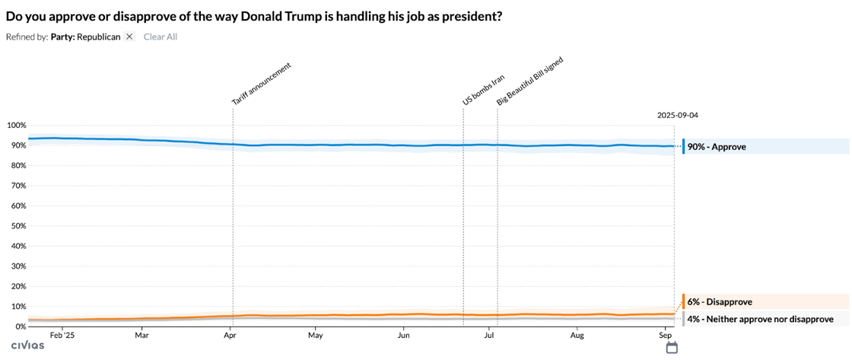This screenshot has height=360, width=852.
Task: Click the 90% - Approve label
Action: pos(717,147)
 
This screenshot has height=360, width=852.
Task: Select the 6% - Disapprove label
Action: pos(720,302)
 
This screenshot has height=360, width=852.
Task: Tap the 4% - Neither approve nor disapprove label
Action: pos(760,319)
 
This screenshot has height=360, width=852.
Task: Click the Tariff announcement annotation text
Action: pos(262,84)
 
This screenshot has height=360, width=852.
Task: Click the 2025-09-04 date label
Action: pos(677,116)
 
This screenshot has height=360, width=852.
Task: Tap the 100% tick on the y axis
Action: pos(16,126)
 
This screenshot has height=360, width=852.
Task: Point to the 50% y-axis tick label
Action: pos(18,226)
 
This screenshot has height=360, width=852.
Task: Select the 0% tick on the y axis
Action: pos(21,327)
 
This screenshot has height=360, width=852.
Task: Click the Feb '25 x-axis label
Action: pos(62,335)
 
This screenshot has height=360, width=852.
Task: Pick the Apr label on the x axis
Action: pos(229,335)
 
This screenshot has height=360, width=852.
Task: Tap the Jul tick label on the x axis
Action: pos(491,335)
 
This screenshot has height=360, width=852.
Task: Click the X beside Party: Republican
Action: pos(129,37)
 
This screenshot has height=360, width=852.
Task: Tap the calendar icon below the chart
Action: pos(672,348)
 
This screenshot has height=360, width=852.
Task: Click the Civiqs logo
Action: pos(27,346)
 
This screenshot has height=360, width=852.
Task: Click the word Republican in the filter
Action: pos(98,37)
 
